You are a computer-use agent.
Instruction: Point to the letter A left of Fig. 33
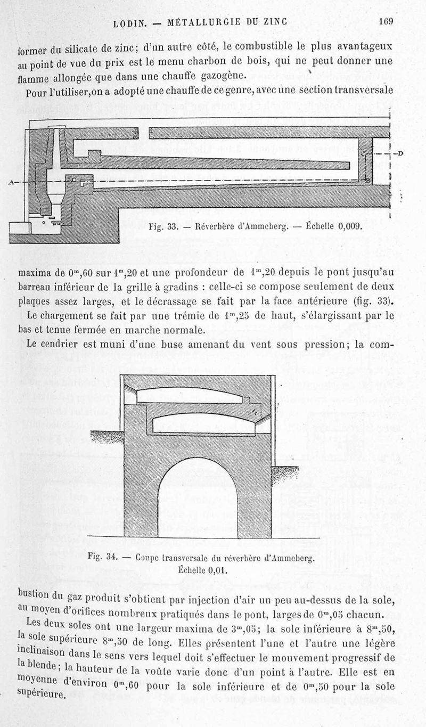coord(11,183)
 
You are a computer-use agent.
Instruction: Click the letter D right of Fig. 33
coord(400,154)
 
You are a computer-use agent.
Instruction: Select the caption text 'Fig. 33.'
coord(161,225)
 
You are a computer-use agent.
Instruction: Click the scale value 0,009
coord(349,225)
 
